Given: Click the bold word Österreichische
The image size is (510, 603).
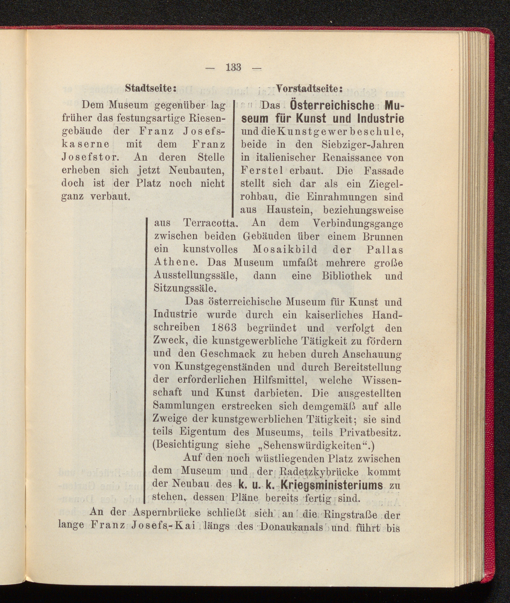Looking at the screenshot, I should click(332, 106).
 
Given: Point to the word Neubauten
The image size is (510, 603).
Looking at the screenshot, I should click(197, 170).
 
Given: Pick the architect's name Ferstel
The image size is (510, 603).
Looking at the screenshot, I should click(262, 171).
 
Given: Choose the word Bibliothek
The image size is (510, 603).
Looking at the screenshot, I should click(347, 276).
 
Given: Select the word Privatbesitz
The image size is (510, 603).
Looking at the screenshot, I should click(370, 432).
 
